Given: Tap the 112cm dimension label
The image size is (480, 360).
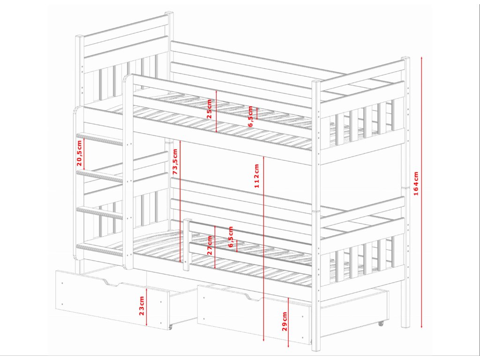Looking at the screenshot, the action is (x=257, y=176).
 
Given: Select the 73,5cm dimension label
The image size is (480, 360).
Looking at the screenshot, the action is (x=175, y=162).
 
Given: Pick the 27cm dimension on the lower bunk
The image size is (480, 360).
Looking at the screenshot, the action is (x=210, y=244).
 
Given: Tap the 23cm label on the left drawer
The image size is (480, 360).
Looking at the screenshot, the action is (x=142, y=305).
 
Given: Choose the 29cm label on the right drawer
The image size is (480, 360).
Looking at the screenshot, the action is (x=285, y=321).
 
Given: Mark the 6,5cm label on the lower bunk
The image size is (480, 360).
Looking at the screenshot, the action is (x=230, y=236).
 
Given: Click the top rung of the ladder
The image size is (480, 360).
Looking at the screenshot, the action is (x=99, y=139).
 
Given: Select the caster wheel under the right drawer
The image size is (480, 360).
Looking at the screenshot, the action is (x=381, y=323).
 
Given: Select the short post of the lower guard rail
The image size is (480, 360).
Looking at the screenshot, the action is (x=187, y=245).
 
